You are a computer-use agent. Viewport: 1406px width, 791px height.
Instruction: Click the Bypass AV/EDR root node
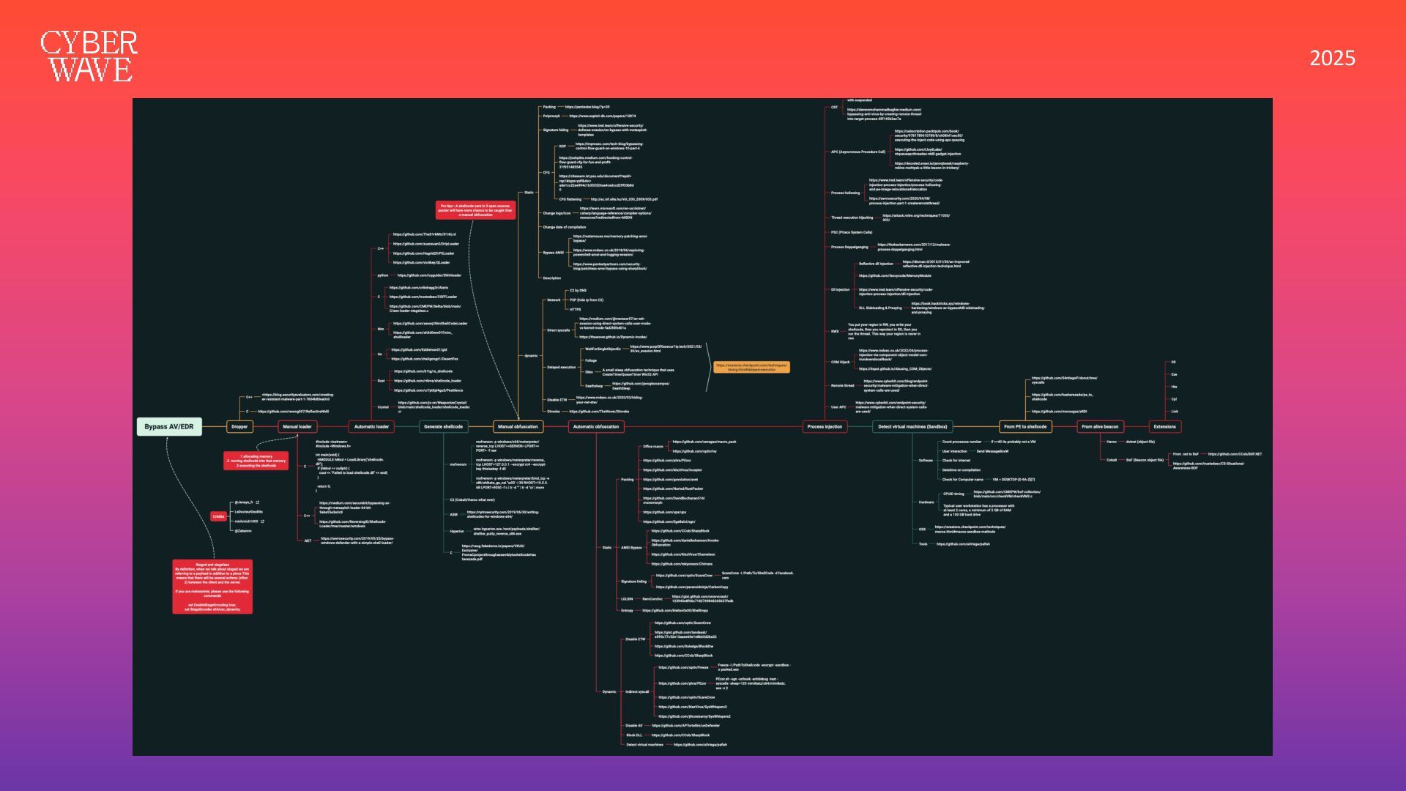169,426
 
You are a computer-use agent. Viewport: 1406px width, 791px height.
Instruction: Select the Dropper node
239,426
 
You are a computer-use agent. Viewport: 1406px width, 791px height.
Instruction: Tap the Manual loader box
297,426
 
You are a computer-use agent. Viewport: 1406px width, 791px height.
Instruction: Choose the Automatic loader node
371,426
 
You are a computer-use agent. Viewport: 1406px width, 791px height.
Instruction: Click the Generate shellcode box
443,426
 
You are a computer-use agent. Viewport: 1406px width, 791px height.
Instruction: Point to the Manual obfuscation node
518,426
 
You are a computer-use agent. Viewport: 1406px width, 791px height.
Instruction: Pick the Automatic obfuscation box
595,426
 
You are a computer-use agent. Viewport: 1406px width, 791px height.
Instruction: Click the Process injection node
825,426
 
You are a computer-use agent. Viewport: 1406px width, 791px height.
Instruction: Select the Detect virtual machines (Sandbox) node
912,426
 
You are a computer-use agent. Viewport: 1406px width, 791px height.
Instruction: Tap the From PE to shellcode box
1025,426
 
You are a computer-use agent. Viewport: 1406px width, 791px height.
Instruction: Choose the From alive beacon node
1100,426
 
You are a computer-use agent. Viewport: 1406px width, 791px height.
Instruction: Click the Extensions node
1164,426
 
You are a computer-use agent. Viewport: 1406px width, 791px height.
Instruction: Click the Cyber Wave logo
89,56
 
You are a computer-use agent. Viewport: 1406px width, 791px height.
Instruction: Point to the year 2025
1332,59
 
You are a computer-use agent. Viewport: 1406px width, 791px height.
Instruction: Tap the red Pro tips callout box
475,210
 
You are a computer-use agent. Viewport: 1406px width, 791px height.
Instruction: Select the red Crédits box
218,516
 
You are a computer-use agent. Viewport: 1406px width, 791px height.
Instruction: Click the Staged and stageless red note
212,587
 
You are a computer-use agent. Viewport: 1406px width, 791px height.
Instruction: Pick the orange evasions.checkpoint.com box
751,367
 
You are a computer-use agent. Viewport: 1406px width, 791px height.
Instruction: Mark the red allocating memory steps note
256,461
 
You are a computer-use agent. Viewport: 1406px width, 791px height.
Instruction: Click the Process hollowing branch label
845,193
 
